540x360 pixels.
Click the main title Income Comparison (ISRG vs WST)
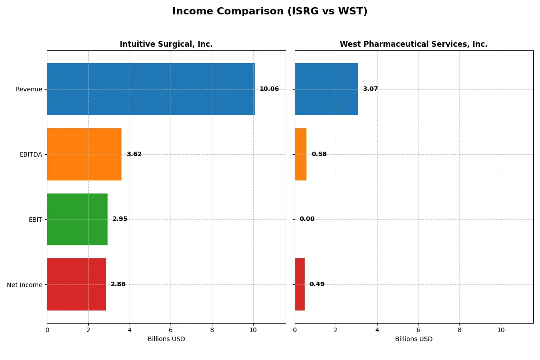(x=270, y=12)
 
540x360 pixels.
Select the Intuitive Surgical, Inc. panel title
(x=166, y=44)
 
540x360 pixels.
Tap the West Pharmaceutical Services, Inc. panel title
(x=413, y=44)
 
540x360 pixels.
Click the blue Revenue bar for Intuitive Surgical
(x=151, y=89)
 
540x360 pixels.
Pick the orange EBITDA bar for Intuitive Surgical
(x=84, y=154)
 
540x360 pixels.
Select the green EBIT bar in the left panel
(x=77, y=219)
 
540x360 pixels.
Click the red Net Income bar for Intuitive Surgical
(x=76, y=284)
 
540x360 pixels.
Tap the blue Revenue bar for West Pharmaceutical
(x=326, y=89)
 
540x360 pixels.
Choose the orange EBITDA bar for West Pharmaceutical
(x=301, y=154)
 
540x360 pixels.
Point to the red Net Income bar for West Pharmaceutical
(x=300, y=284)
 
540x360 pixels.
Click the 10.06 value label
(x=269, y=89)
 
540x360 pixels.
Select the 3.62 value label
(x=134, y=154)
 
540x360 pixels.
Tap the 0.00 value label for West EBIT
(x=307, y=219)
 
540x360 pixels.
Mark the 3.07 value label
(x=370, y=89)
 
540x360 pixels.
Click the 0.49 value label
(x=317, y=284)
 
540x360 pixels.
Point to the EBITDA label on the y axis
(x=31, y=154)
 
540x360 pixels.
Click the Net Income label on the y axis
(x=25, y=285)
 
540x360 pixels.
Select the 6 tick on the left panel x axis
(x=171, y=330)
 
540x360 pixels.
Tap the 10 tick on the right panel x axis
(x=500, y=330)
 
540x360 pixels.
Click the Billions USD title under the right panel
(x=414, y=339)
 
